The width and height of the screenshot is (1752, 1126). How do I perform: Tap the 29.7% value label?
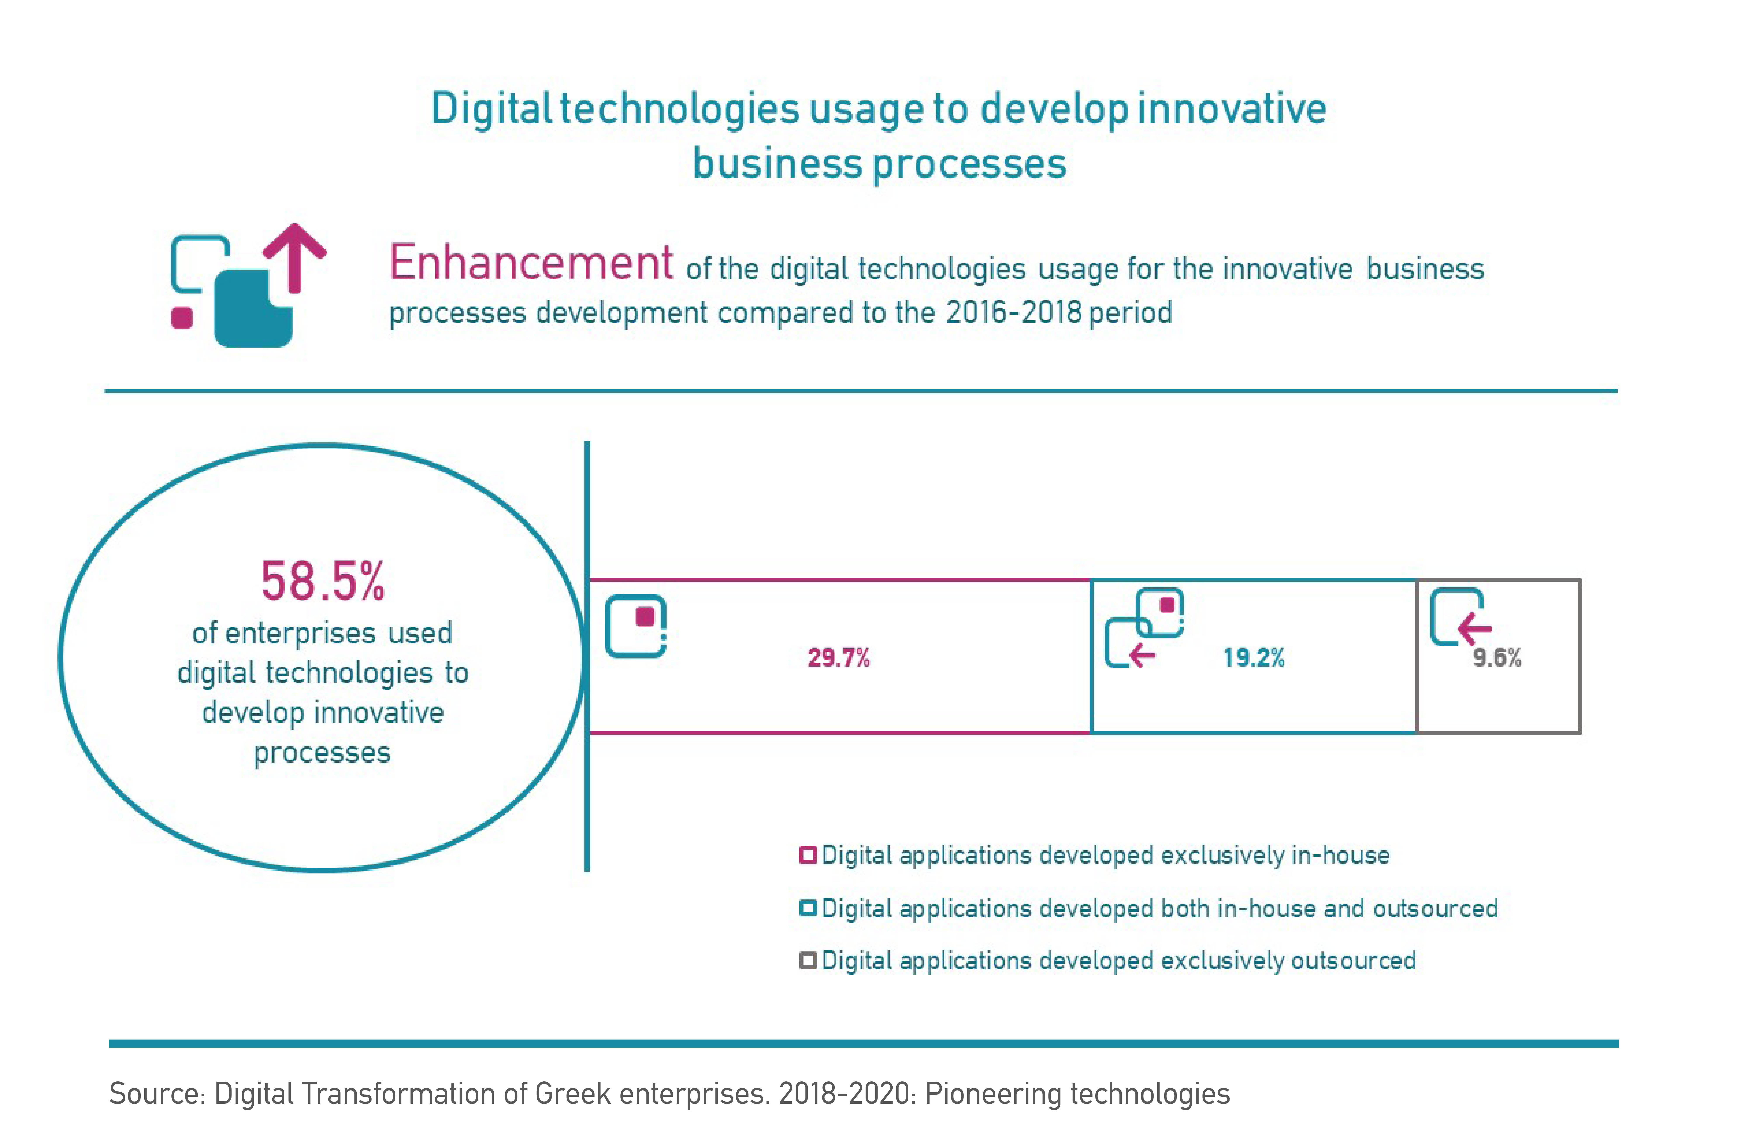pos(838,657)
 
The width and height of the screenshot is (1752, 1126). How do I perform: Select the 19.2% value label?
pos(1254,657)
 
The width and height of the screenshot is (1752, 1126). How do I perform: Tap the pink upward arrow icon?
pos(295,256)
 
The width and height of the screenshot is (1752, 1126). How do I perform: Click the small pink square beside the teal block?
pos(182,318)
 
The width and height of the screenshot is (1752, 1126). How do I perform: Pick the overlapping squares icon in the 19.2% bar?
pos(1144,627)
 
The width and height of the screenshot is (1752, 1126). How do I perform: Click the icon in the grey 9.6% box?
pos(1460,618)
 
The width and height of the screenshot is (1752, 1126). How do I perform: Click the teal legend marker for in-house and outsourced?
pos(808,908)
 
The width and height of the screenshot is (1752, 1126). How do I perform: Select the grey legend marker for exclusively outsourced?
pos(808,960)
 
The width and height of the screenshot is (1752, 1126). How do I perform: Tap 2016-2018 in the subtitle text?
pos(1013,313)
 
